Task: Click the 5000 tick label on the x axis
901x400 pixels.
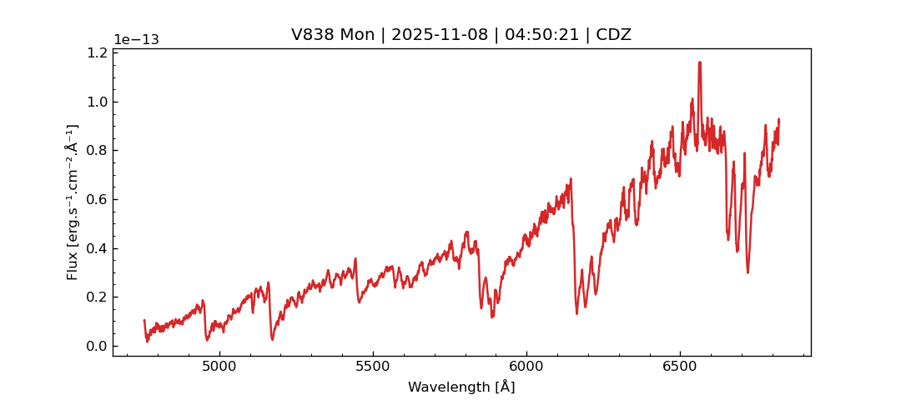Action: point(219,367)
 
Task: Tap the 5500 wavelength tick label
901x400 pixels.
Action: point(373,367)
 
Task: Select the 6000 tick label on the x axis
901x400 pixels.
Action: point(526,367)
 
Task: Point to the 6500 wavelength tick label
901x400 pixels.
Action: point(679,367)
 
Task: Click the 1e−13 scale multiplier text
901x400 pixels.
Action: point(136,40)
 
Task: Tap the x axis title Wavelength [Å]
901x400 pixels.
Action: point(461,387)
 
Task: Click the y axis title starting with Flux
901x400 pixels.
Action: point(73,202)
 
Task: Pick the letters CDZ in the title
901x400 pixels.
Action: point(613,35)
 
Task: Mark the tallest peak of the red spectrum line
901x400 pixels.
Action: point(700,62)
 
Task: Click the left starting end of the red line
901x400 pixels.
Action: point(144,320)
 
